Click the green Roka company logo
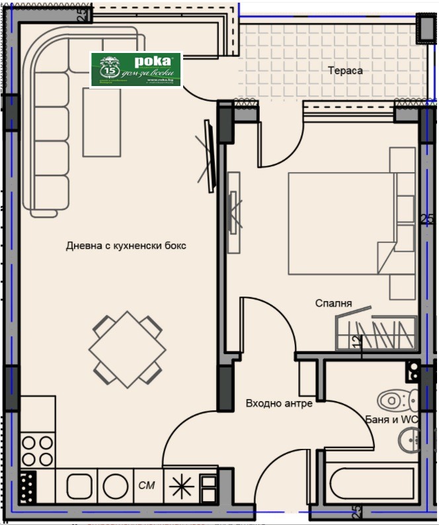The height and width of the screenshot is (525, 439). (x=136, y=70)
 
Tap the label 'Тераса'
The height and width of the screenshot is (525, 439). (x=345, y=70)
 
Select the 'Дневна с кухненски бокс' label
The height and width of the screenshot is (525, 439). (x=126, y=246)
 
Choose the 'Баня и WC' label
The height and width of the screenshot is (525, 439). (x=391, y=419)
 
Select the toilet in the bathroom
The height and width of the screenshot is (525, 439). (x=396, y=400)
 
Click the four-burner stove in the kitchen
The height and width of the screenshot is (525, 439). (x=37, y=450)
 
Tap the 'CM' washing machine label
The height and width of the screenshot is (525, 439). (x=147, y=486)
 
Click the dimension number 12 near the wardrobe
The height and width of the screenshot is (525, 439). (x=357, y=342)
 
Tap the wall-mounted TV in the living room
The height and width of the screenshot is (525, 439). (x=210, y=156)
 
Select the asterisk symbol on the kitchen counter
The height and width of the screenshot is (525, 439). (x=180, y=486)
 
